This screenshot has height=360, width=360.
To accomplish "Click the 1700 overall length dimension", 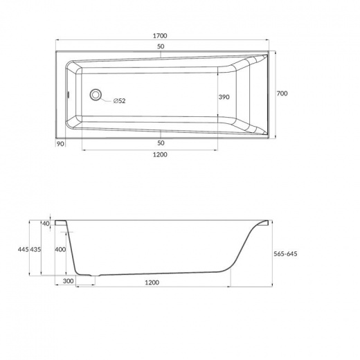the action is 160,36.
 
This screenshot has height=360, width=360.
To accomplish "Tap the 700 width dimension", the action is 282,93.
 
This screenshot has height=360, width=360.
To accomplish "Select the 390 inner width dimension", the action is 224,97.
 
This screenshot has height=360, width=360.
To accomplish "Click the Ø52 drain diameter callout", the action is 119,101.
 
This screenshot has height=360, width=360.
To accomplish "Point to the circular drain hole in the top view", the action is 96,94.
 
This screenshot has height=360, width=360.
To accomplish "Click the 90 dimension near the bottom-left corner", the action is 60,144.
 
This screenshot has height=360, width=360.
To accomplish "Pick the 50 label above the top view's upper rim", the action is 161,46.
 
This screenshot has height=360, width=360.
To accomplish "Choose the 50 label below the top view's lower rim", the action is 161,143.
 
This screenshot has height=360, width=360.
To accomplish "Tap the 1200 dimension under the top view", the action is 160,154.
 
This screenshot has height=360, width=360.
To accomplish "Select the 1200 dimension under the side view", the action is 152,282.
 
